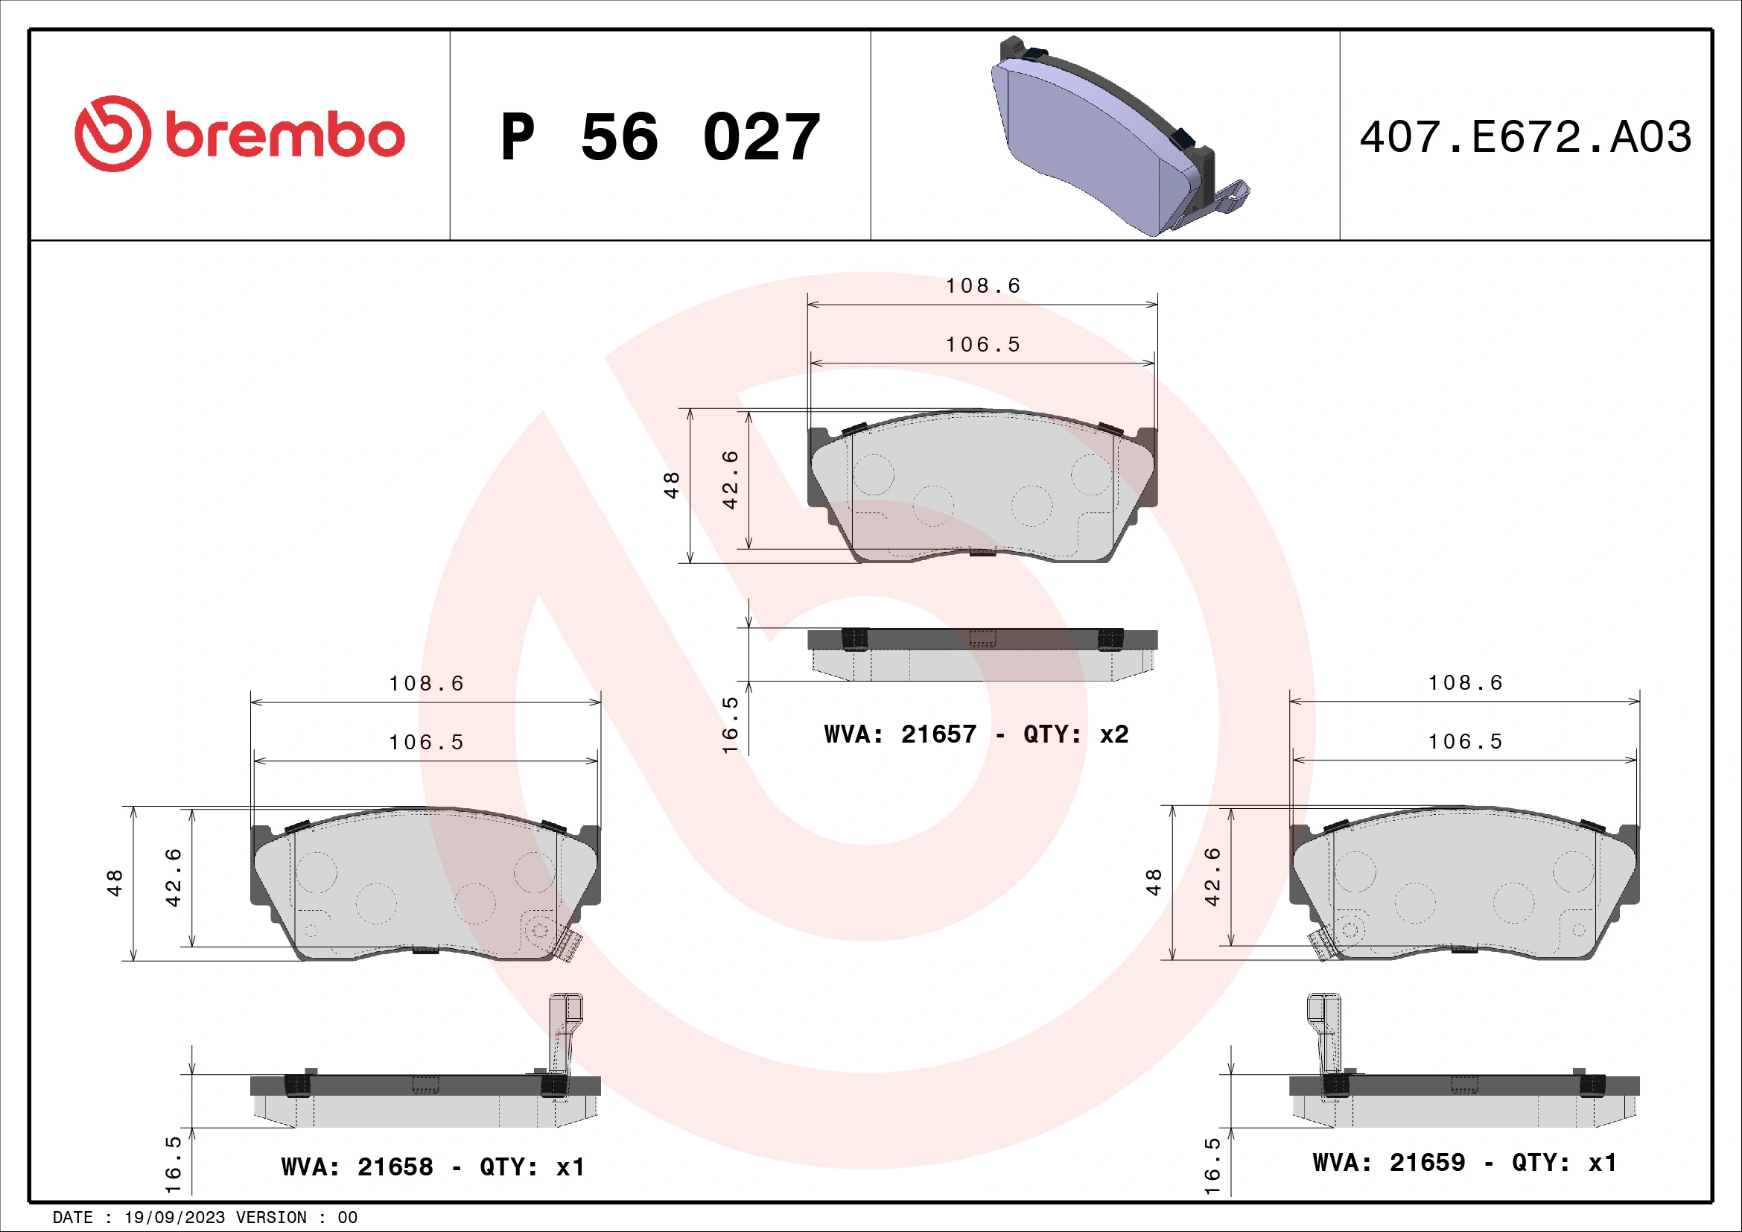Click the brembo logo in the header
point(240,134)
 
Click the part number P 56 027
point(659,137)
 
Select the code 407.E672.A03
point(1525,137)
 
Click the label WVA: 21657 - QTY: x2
point(976,734)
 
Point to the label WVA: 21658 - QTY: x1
point(433,1166)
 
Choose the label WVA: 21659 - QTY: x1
point(1464,1163)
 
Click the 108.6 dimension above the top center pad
point(982,286)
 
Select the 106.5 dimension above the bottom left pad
point(426,743)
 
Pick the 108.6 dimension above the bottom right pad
point(1465,683)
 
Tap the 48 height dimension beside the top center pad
point(672,486)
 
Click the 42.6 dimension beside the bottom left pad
point(174,877)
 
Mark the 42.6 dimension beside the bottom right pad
point(1212,877)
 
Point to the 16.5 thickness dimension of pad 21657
point(730,725)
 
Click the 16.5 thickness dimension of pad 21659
point(1212,1166)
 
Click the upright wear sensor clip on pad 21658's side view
point(565,1032)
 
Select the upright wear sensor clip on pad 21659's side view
point(1324,1032)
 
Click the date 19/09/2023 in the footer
point(174,1218)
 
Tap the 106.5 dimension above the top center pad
point(982,345)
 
